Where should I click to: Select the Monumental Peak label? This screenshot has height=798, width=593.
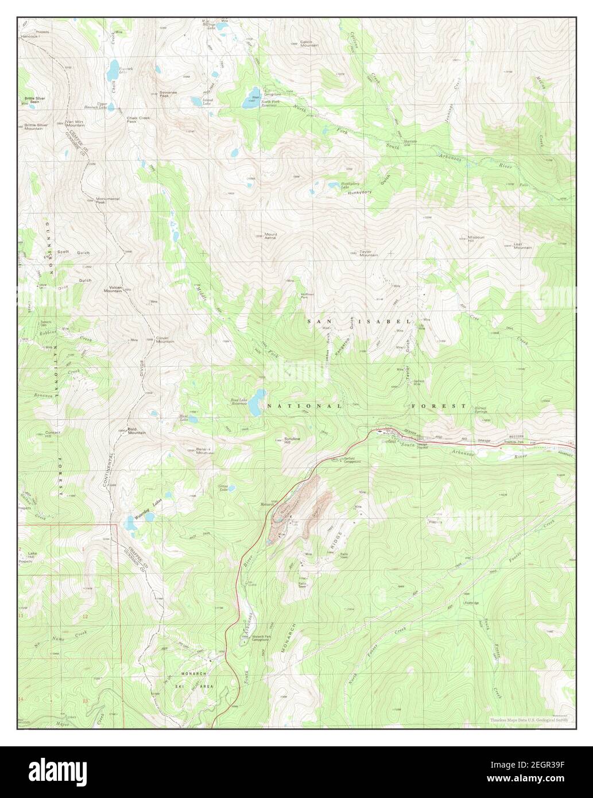click(107, 200)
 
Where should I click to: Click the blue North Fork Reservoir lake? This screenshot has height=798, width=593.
click(253, 93)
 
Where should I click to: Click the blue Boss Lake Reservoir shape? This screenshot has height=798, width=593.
click(256, 402)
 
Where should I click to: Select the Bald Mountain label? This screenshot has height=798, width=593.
click(137, 431)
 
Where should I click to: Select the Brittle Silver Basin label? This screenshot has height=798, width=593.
click(34, 100)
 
